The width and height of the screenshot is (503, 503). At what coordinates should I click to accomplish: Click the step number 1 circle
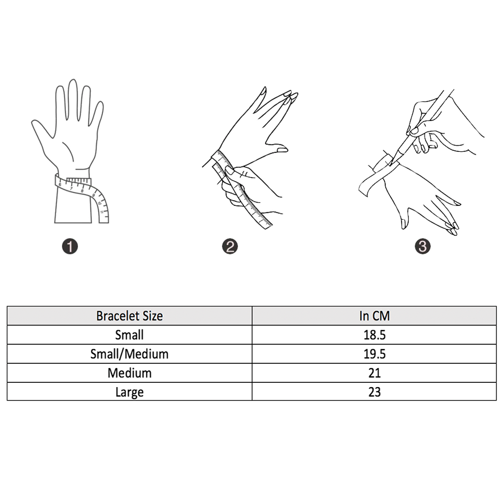point(70,246)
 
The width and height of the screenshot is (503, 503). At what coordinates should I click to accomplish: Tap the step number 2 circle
point(230,246)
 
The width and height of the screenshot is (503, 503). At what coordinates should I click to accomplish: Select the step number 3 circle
point(422,246)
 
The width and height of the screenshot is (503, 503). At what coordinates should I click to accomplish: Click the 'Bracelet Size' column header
point(129,316)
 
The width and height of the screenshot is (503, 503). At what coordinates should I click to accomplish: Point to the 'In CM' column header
point(374,316)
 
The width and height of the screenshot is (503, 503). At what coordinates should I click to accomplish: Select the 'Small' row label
point(129,335)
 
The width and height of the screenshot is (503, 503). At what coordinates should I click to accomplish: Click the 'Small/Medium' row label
point(129,354)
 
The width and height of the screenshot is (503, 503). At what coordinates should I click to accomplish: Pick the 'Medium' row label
point(129,373)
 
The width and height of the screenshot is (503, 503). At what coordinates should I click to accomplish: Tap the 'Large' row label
point(129,392)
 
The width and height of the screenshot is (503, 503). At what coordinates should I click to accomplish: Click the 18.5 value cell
point(374,335)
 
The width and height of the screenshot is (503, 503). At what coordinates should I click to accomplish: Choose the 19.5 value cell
point(374,354)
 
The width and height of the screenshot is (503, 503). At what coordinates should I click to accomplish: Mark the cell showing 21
point(374,373)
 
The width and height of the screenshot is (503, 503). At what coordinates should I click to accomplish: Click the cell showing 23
point(374,392)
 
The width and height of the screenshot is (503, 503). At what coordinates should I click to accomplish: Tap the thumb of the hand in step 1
point(42,130)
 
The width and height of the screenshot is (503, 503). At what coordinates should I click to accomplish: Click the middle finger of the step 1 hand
point(73,100)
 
